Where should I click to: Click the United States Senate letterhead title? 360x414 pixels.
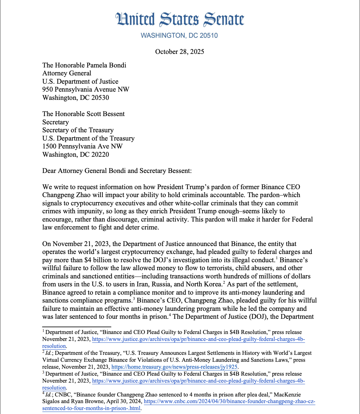point(180,20)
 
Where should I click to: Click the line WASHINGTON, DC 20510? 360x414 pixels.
point(179,36)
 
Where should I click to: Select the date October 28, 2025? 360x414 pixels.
point(180,52)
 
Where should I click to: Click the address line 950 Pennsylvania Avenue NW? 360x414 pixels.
point(86,90)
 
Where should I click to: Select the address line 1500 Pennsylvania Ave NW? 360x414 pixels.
point(82,146)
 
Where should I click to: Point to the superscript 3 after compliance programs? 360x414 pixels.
point(134,299)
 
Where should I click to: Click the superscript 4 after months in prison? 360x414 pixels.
point(170,315)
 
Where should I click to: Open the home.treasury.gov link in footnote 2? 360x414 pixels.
point(174,367)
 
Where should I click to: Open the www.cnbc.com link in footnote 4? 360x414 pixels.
point(230,402)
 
